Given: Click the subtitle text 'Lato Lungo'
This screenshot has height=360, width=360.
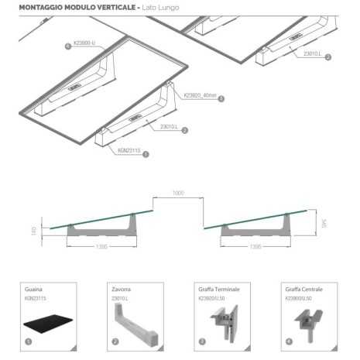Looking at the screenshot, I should pos(161,7).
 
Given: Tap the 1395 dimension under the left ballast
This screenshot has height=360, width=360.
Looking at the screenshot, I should pos(101,247).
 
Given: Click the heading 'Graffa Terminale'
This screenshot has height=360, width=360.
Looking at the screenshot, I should pos(214,289).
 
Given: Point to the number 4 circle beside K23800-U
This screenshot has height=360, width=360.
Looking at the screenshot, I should pos(67,46).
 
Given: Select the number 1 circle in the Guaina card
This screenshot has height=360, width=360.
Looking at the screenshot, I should pos(29,340).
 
